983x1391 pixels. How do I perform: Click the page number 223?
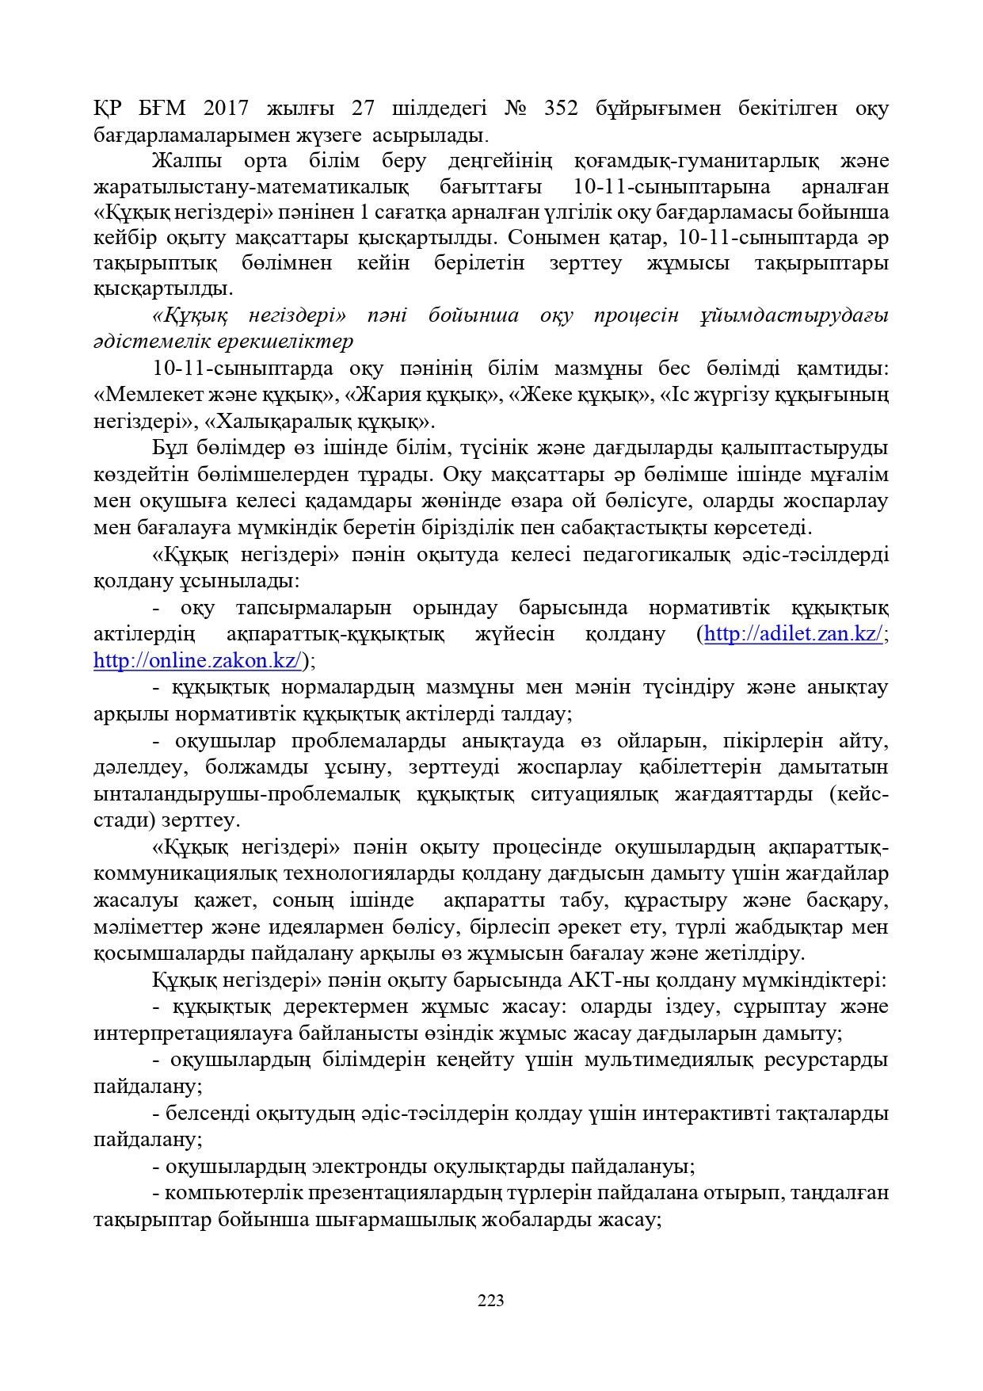pos(491,1300)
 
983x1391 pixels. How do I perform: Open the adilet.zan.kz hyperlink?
pos(793,635)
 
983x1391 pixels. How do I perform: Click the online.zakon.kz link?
pos(197,661)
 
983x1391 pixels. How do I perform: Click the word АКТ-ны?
pos(606,980)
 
